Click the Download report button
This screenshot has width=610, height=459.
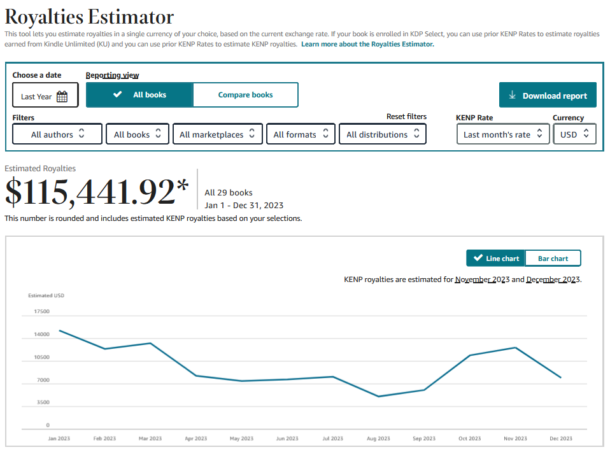pyautogui.click(x=548, y=95)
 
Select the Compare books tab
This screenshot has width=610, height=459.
pyautogui.click(x=246, y=95)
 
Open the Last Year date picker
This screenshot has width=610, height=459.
pyautogui.click(x=45, y=95)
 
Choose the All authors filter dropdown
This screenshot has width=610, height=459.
pyautogui.click(x=57, y=134)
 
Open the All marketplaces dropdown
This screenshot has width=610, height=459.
pyautogui.click(x=218, y=134)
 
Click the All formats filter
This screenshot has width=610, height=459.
pyautogui.click(x=301, y=134)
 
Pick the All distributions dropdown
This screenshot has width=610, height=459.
pyautogui.click(x=383, y=134)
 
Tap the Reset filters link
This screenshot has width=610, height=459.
pyautogui.click(x=406, y=117)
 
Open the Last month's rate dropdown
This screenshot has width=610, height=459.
pyautogui.click(x=503, y=134)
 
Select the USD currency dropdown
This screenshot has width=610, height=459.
pyautogui.click(x=574, y=134)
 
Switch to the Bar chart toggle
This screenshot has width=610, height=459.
pyautogui.click(x=553, y=258)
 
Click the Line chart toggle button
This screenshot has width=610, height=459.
pyautogui.click(x=495, y=258)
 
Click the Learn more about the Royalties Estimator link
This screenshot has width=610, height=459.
pyautogui.click(x=367, y=44)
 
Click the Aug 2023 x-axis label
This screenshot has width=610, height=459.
pyautogui.click(x=378, y=439)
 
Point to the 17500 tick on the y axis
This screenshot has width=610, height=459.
pyautogui.click(x=41, y=311)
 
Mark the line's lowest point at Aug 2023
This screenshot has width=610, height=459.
pyautogui.click(x=378, y=397)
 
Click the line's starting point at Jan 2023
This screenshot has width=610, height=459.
pyautogui.click(x=59, y=330)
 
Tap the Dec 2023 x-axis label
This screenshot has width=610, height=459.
pyautogui.click(x=560, y=439)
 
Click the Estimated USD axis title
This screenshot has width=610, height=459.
pyautogui.click(x=46, y=295)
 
